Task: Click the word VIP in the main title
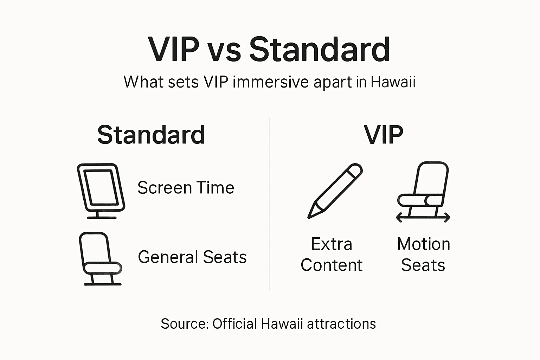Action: (x=174, y=50)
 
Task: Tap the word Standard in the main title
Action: (x=320, y=50)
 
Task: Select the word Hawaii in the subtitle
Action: (x=393, y=82)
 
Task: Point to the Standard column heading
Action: (x=151, y=135)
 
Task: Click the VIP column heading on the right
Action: (x=383, y=135)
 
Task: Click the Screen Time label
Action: (x=186, y=188)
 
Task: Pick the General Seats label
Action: (x=192, y=257)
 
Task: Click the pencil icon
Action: (x=335, y=191)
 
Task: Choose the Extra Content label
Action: (x=332, y=255)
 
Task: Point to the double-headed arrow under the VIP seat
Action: (x=423, y=218)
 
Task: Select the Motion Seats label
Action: (x=423, y=255)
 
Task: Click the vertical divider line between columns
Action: (x=270, y=204)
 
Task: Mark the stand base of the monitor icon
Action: (x=102, y=217)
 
